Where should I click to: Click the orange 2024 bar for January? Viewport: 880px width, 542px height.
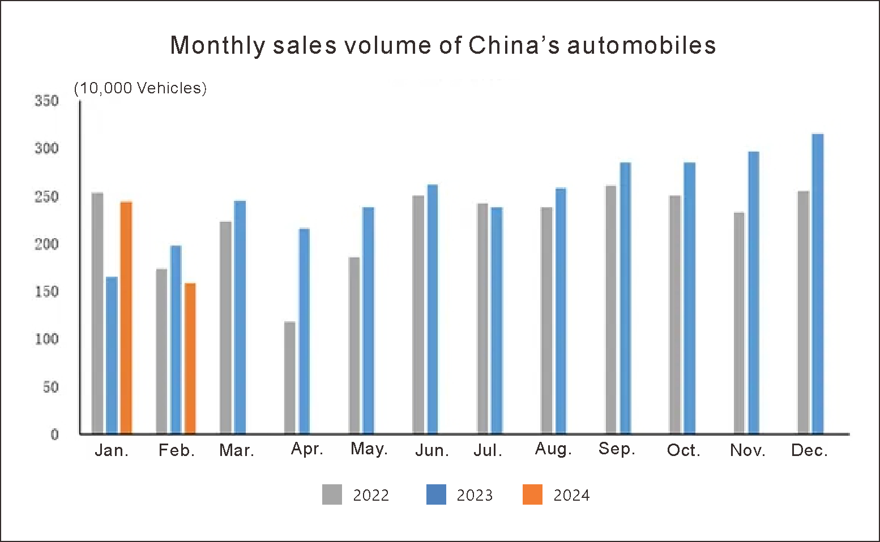pos(126,317)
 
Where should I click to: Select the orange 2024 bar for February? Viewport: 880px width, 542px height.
pos(190,358)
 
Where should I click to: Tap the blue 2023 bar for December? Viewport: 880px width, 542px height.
pos(818,283)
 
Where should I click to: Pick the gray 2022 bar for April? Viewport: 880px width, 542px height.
pos(290,377)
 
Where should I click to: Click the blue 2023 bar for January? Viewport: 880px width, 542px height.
pos(112,355)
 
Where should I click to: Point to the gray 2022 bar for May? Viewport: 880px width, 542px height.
pos(354,345)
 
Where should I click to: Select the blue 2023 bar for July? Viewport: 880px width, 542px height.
pos(497,320)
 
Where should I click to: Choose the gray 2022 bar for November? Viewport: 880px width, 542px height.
pos(739,322)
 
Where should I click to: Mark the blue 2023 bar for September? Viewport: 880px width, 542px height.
pos(625,298)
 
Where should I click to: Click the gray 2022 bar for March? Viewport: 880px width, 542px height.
pos(226,328)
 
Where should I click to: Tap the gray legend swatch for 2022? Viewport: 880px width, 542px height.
pos(332,494)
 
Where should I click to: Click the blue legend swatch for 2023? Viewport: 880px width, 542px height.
pos(436,494)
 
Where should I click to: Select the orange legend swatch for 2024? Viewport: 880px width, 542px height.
pos(532,494)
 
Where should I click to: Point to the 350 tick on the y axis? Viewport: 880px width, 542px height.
pos(47,101)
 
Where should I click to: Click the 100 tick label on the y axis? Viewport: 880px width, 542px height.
pos(47,339)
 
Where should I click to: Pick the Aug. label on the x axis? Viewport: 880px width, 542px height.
pos(553,449)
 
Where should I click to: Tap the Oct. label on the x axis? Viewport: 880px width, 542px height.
pos(684,450)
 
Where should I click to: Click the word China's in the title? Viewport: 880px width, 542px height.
pos(514,45)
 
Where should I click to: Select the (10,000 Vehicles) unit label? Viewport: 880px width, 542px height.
pos(140,88)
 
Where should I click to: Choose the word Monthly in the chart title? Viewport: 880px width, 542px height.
pos(217,45)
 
